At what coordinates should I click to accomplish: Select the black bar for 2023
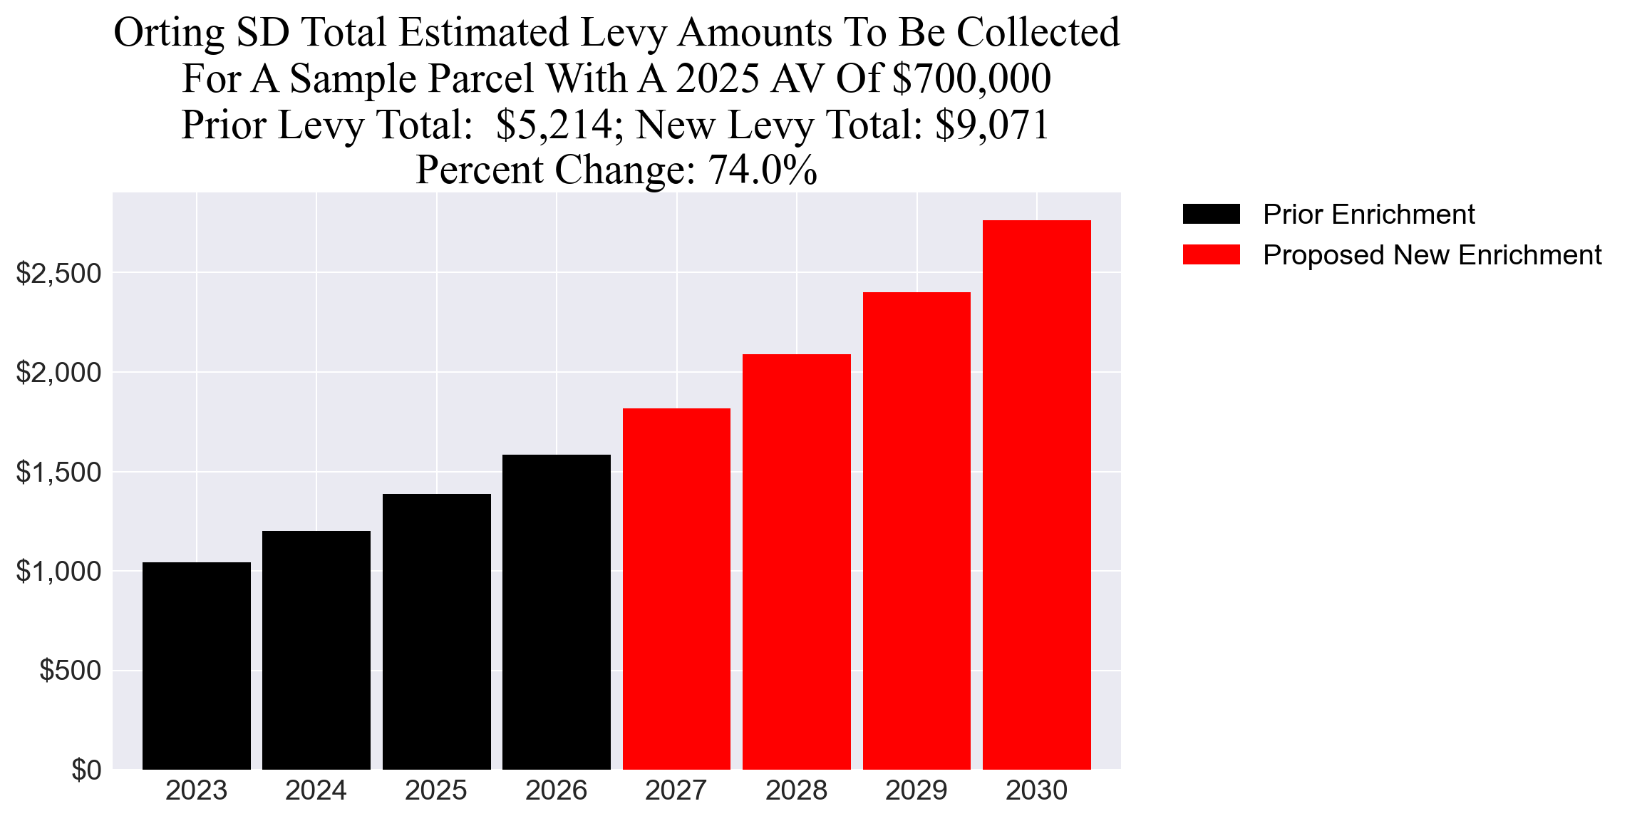click(197, 666)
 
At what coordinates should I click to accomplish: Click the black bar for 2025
click(436, 631)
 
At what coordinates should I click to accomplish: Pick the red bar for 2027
click(676, 589)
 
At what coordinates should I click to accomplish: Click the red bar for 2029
click(916, 530)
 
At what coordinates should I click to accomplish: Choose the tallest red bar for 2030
click(1036, 495)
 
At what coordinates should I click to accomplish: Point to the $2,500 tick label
click(58, 273)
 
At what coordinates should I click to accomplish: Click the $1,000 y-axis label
click(58, 572)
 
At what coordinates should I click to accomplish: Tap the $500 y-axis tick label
click(70, 671)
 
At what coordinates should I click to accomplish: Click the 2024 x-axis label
click(316, 791)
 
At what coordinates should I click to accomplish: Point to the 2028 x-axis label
click(796, 791)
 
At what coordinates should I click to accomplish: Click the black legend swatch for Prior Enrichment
click(1211, 214)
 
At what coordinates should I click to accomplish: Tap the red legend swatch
click(1211, 254)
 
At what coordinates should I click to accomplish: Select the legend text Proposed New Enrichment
click(1432, 255)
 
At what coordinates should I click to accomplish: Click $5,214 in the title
click(554, 125)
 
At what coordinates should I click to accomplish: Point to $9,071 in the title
click(992, 125)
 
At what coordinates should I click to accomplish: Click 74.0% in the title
click(763, 170)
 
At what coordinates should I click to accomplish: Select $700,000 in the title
click(971, 79)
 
